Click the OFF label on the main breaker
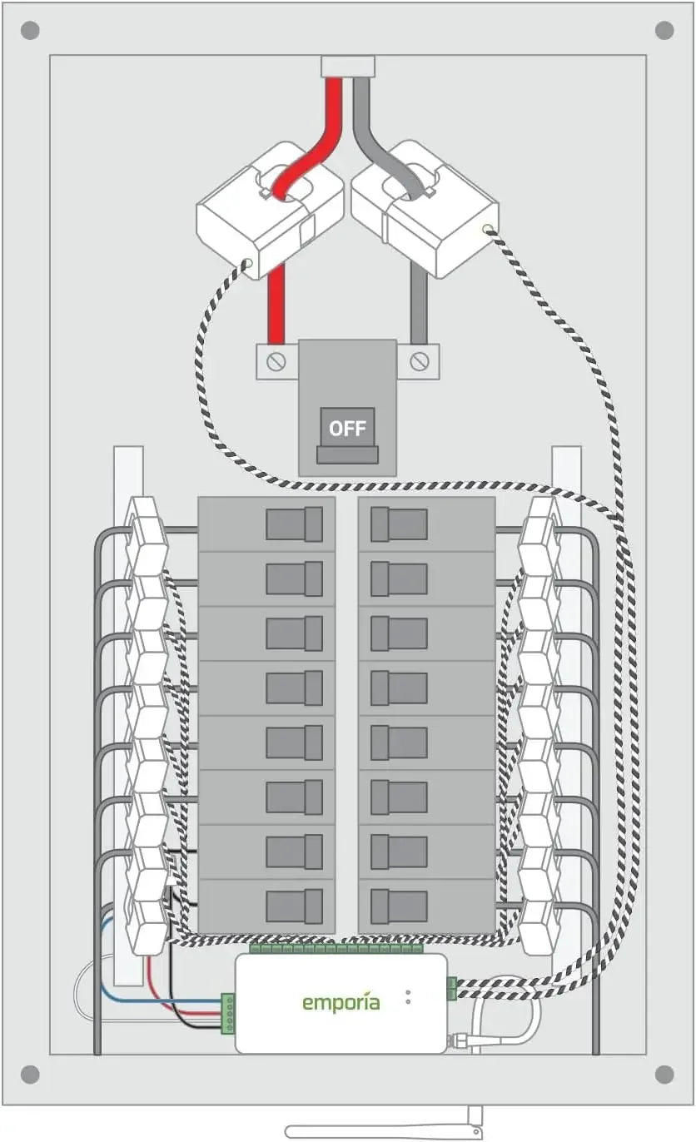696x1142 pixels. [x=347, y=429]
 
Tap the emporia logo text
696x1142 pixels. [x=341, y=1002]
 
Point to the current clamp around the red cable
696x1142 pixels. [x=270, y=210]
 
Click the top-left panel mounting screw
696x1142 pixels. [x=30, y=32]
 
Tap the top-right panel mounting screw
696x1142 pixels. [x=664, y=31]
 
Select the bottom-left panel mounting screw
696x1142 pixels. [x=30, y=1074]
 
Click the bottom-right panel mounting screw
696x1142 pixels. [x=664, y=1074]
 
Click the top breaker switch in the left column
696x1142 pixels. [x=294, y=524]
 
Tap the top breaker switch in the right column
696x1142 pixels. [x=399, y=524]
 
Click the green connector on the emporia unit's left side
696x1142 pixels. [x=227, y=1013]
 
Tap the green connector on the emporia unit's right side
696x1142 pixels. [x=451, y=988]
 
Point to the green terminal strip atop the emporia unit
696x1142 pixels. [x=336, y=948]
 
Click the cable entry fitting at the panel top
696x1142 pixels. [x=348, y=67]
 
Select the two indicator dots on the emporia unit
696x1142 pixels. [x=408, y=996]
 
